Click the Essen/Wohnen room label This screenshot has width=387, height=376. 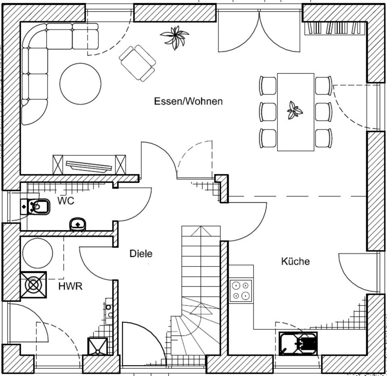[188, 101]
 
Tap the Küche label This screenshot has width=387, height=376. [295, 261]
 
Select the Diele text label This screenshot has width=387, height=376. [141, 254]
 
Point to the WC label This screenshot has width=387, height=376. [66, 201]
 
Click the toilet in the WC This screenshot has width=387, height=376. [36, 207]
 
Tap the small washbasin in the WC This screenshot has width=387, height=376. [77, 224]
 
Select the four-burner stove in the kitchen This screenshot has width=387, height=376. [241, 291]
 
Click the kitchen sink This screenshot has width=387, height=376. [298, 343]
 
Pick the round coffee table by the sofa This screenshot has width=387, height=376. [80, 83]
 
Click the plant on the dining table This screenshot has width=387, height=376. [294, 110]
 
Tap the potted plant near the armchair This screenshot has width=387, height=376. [175, 37]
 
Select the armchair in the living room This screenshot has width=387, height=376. [137, 62]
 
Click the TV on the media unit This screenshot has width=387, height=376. [89, 165]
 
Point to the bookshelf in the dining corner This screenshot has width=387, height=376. [334, 28]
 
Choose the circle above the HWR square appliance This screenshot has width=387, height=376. [37, 253]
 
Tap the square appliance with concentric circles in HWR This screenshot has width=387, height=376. [33, 285]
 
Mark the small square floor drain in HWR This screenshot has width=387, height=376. [98, 347]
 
